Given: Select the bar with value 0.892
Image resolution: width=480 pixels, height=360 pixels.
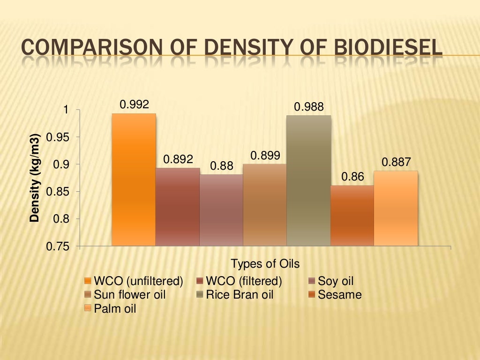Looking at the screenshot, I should (x=178, y=207).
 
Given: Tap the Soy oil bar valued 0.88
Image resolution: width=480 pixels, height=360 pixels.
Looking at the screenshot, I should (x=221, y=210).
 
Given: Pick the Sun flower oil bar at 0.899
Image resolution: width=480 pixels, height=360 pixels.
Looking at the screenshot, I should (x=265, y=205).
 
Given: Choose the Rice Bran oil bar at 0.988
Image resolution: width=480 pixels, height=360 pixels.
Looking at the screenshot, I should (x=308, y=180).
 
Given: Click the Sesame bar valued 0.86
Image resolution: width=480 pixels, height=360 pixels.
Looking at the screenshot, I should (x=352, y=215).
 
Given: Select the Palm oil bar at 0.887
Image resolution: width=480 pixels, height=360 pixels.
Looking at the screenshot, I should (x=396, y=208).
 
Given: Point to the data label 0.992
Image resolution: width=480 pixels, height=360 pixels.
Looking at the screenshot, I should (x=134, y=105).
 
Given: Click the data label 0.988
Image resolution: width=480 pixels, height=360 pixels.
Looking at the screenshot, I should (x=308, y=107).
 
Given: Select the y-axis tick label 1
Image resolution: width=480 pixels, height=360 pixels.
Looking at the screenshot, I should (x=66, y=110).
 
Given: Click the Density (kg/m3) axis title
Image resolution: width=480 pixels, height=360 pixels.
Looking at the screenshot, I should (x=35, y=178).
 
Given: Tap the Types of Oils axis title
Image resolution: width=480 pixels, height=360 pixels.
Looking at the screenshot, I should (x=265, y=263).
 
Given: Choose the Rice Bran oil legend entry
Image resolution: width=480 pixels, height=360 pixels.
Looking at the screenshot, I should (x=239, y=295).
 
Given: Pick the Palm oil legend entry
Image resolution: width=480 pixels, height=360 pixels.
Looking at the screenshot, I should (x=115, y=308).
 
